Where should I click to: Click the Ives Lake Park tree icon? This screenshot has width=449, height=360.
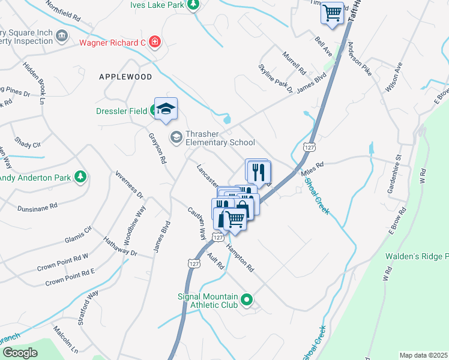(x=193, y=5)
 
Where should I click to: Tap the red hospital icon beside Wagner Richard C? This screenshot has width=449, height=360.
(x=155, y=42)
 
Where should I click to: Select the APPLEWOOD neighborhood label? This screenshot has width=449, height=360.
(x=125, y=77)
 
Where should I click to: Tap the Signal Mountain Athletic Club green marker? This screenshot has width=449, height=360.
(x=246, y=298)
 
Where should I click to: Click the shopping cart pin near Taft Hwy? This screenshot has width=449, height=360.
(x=332, y=12)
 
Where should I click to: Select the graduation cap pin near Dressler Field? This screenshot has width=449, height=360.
(x=166, y=108)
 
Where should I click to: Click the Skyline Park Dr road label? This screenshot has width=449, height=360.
(x=276, y=79)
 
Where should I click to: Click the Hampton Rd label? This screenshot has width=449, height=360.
(x=240, y=257)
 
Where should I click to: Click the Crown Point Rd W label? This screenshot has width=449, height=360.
(x=62, y=260)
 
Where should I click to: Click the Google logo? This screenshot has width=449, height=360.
(x=20, y=352)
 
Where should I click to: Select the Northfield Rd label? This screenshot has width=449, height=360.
(x=62, y=10)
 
